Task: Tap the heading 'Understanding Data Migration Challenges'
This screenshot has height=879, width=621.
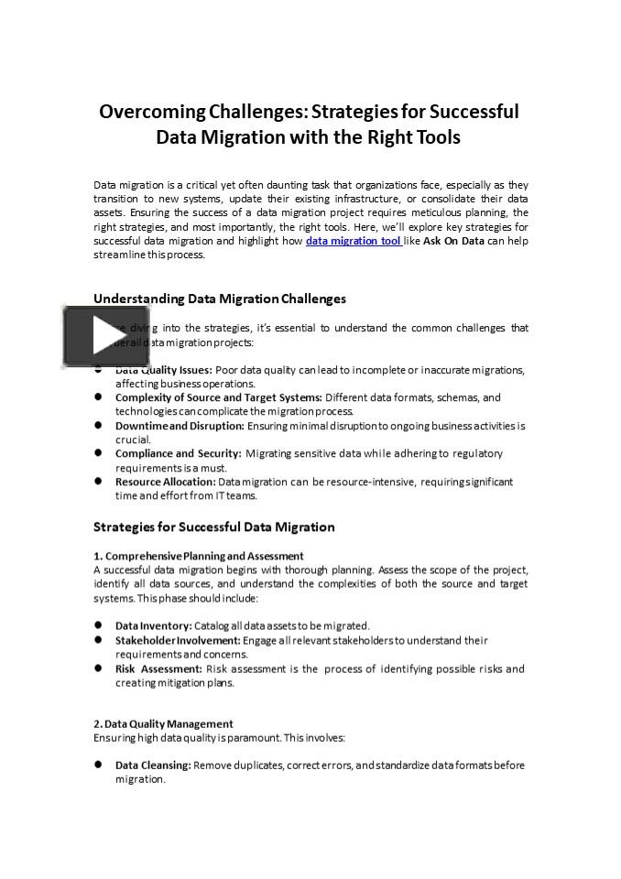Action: tap(220, 298)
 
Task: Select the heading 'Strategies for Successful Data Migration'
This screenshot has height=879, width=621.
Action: tap(213, 526)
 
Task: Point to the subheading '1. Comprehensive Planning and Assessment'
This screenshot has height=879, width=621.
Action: tap(199, 556)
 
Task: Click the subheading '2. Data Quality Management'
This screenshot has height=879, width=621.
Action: tap(163, 723)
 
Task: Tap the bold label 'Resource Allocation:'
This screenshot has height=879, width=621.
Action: tap(165, 482)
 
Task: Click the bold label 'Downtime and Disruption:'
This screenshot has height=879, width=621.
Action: tap(180, 426)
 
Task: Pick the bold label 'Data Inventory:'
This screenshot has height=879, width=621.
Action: tap(153, 626)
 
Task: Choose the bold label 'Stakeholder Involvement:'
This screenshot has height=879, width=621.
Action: tap(176, 640)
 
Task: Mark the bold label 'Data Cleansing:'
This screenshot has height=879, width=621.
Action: tap(153, 765)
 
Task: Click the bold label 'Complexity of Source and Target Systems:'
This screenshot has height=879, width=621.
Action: tap(218, 397)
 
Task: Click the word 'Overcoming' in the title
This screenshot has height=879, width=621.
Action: tap(153, 112)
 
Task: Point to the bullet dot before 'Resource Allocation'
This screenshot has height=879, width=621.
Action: tap(98, 482)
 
